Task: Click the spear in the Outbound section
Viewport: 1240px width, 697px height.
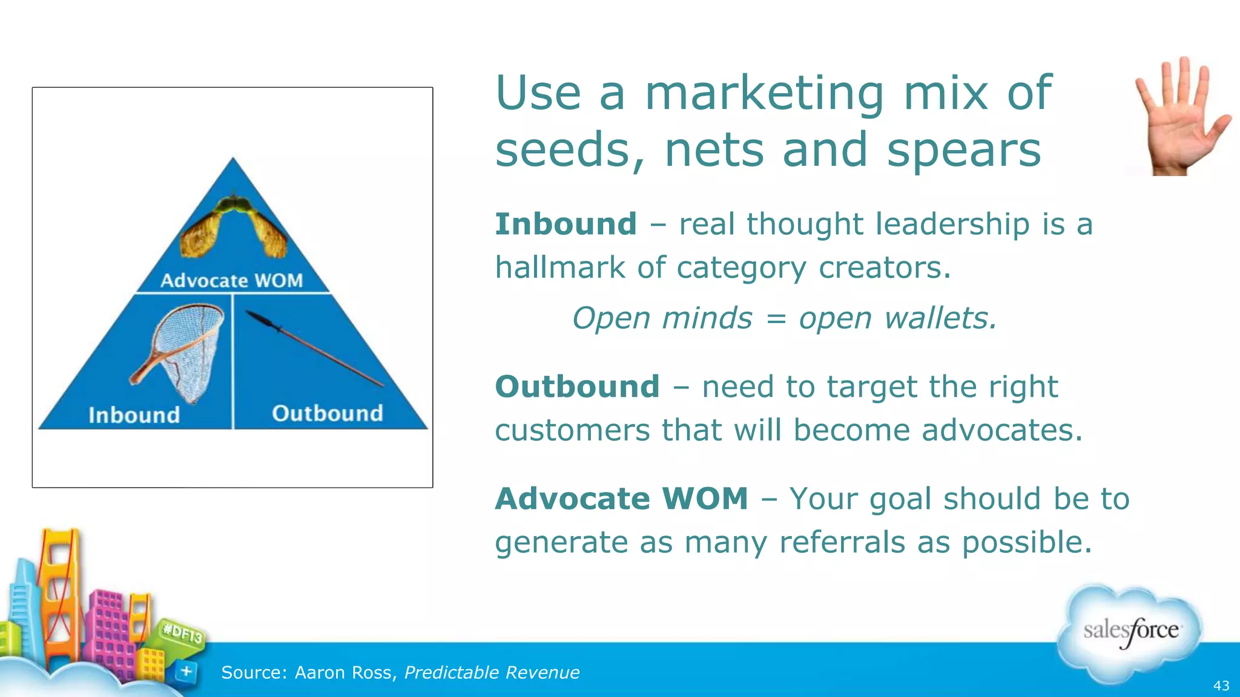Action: tap(315, 348)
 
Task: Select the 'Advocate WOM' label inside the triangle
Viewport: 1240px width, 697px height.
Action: tap(232, 281)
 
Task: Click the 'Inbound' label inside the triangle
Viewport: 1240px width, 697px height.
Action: tap(134, 415)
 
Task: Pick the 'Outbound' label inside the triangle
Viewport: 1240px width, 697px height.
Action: tap(328, 413)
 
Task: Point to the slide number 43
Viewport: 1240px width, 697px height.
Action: tap(1221, 686)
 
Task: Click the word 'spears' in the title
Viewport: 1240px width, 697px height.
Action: tap(964, 150)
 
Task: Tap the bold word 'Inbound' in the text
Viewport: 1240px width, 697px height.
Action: tap(566, 224)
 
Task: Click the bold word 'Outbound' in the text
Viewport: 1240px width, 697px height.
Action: tap(577, 387)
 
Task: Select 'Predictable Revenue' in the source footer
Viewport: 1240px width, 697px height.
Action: tap(492, 673)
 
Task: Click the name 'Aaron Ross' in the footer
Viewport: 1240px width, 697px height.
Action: tap(343, 673)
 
